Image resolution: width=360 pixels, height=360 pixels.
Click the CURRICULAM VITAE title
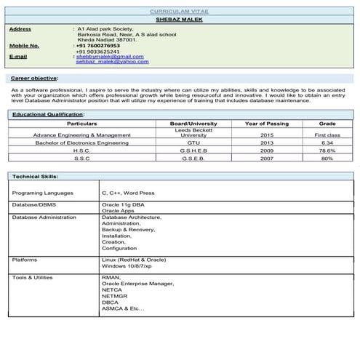pyautogui.click(x=180, y=12)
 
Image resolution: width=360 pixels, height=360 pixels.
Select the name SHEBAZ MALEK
pyautogui.click(x=179, y=20)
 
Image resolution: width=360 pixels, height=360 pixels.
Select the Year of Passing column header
pyautogui.click(x=267, y=124)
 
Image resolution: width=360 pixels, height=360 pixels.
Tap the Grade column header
pyautogui.click(x=327, y=124)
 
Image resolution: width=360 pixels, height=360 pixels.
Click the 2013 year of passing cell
pyautogui.click(x=267, y=143)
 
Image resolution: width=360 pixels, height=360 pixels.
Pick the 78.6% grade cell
pyautogui.click(x=327, y=151)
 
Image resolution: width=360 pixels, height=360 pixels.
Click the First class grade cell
pyautogui.click(x=327, y=135)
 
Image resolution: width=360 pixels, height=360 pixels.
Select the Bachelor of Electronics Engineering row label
pyautogui.click(x=81, y=143)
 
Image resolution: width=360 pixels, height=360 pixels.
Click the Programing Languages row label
pyautogui.click(x=43, y=193)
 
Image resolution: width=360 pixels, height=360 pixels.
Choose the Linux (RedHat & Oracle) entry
pyautogui.click(x=134, y=260)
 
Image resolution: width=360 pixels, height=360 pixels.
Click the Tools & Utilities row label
pyautogui.click(x=33, y=277)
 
